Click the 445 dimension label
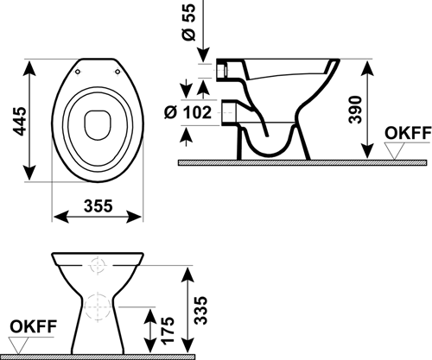tap(21, 121)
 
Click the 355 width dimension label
tap(98, 206)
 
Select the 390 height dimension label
tap(355, 110)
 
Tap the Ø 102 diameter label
tap(187, 112)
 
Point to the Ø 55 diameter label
tap(189, 22)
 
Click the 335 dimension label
tap(200, 311)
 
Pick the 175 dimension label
tap(168, 331)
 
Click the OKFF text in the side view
tap(408, 133)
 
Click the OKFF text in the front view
tap(34, 326)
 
